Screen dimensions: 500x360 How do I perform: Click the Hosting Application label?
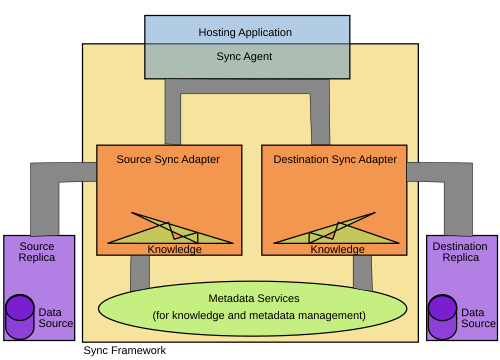point(245,32)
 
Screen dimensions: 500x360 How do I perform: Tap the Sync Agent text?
point(244,56)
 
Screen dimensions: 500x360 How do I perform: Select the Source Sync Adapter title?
point(168,159)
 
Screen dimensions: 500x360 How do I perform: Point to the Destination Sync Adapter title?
point(335,159)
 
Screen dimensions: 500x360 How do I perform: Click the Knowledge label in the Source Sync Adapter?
point(174,249)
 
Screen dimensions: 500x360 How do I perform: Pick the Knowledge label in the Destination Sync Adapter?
point(337,249)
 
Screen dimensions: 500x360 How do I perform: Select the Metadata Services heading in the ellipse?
point(254,298)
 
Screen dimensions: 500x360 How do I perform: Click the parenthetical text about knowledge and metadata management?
point(259,315)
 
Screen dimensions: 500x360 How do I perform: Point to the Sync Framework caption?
point(124,350)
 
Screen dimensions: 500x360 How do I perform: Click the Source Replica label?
point(37,252)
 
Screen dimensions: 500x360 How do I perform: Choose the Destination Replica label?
point(460,252)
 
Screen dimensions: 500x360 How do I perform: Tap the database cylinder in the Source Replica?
point(20,317)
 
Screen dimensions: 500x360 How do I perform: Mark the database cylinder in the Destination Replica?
point(442,317)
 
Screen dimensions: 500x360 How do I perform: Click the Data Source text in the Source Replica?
point(55,318)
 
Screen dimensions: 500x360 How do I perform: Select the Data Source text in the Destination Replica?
point(478,318)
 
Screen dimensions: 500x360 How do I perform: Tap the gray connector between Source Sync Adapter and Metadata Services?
point(140,272)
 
